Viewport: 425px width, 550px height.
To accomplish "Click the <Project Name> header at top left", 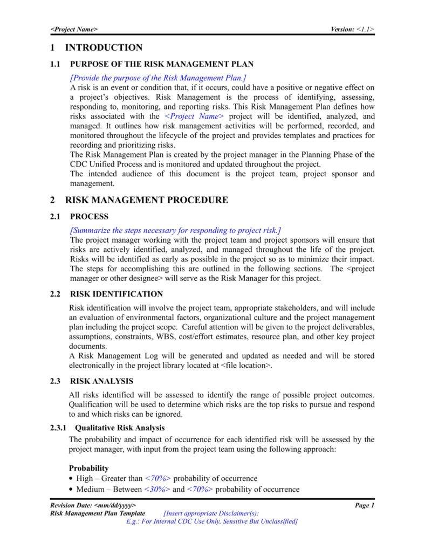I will pos(74,29).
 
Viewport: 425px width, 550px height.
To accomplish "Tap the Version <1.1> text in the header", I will pos(352,29).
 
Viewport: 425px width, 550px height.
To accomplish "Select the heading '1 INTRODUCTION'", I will pos(97,47).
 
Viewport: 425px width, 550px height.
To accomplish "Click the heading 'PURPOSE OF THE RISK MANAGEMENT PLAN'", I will pos(162,64).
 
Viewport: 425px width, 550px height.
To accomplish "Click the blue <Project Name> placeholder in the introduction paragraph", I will pos(194,116).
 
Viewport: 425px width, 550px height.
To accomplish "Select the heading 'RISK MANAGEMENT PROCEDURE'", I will pos(146,200).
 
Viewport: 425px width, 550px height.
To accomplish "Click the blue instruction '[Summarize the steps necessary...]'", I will pos(175,230).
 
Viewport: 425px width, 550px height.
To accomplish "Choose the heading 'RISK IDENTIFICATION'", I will pos(116,294).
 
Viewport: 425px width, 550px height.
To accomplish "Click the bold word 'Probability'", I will pos(89,468).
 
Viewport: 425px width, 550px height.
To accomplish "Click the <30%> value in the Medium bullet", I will pos(157,490).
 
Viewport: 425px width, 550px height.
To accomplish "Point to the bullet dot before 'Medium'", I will pos(72,490).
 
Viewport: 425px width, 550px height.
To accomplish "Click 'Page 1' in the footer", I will pos(364,505).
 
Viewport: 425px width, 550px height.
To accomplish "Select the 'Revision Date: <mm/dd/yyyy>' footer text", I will pos(93,505).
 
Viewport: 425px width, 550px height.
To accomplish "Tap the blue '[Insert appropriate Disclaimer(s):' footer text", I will pos(210,513).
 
